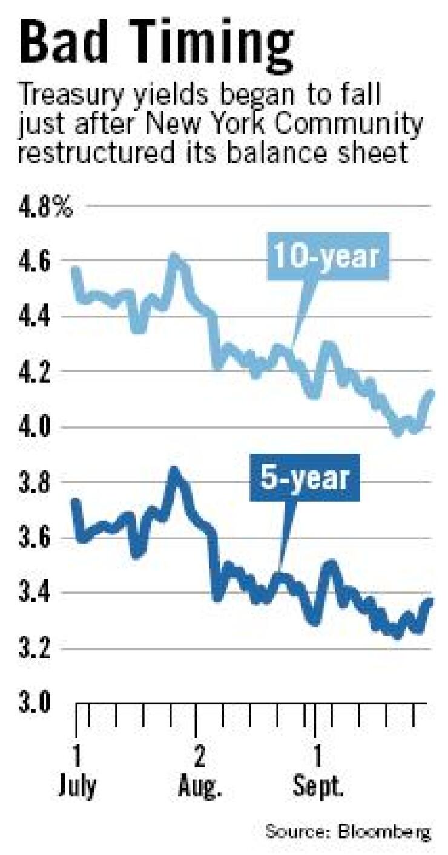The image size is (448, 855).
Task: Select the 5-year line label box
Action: point(305,479)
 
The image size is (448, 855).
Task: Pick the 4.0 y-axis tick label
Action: point(35,428)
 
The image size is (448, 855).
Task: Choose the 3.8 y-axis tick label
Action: point(35,483)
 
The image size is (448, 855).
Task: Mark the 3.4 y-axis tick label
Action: point(35,594)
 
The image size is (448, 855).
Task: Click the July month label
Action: point(77,788)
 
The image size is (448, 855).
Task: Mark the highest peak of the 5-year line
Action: point(174,471)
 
